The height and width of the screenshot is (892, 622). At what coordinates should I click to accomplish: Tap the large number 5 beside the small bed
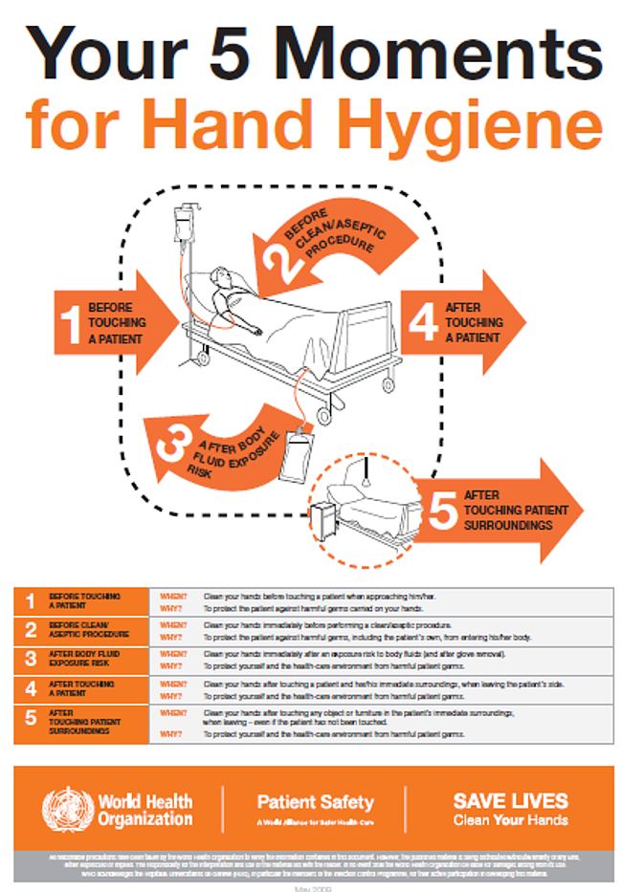441,511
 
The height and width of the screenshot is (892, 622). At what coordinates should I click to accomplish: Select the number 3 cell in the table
31,659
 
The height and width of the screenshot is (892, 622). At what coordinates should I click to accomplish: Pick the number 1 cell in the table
31,601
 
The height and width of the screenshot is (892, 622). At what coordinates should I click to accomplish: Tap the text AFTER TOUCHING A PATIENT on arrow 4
473,322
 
